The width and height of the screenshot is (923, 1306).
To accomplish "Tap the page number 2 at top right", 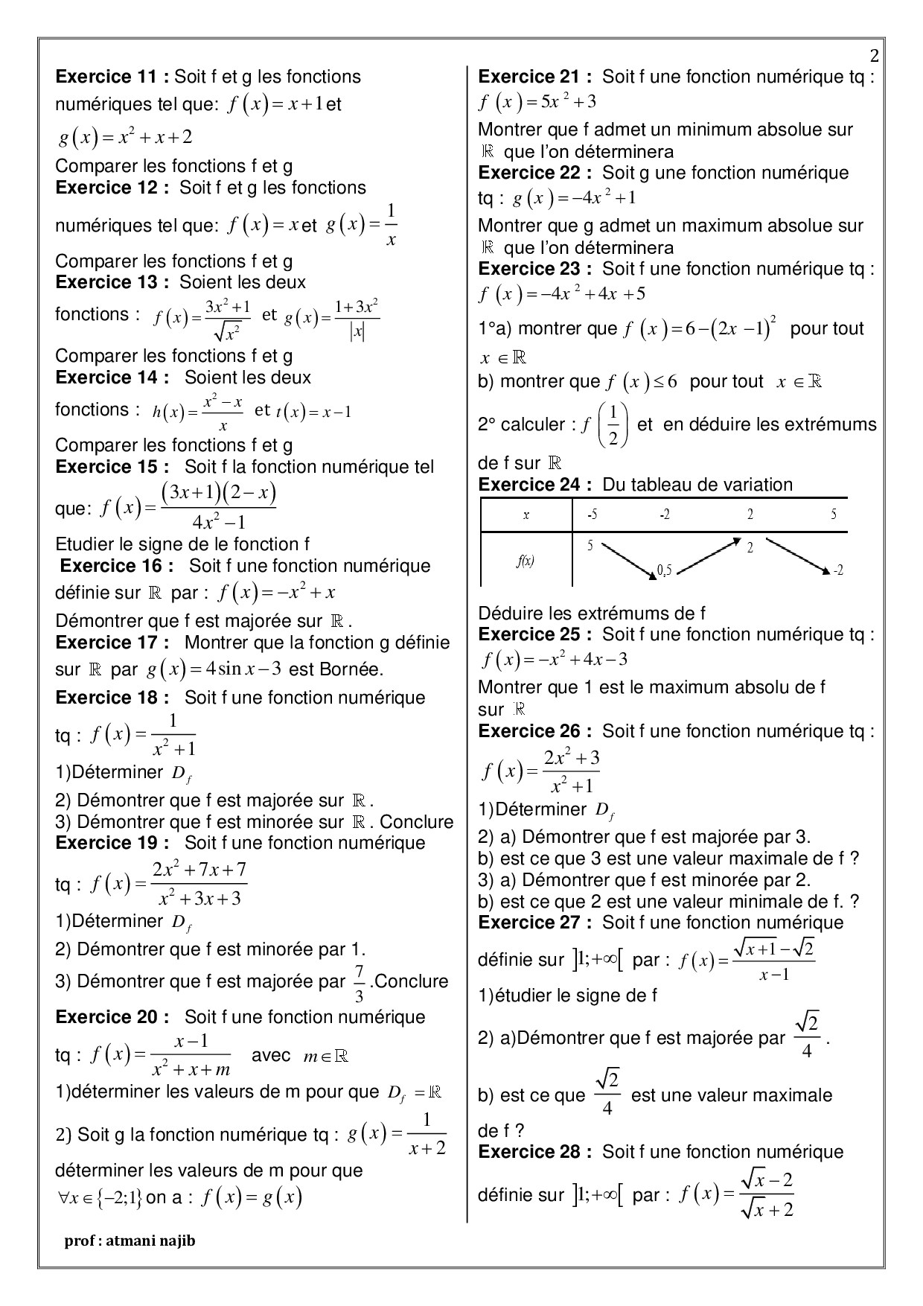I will pyautogui.click(x=874, y=57).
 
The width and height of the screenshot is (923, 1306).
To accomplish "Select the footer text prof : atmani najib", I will pyautogui.click(x=130, y=1240).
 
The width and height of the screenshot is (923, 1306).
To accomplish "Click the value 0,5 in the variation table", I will pyautogui.click(x=664, y=571).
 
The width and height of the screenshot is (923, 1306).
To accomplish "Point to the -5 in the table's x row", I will pyautogui.click(x=592, y=515).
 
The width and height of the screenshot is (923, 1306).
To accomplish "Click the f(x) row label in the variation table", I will pyautogui.click(x=526, y=561).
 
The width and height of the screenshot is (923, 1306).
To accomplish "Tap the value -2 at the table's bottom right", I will pyautogui.click(x=838, y=570).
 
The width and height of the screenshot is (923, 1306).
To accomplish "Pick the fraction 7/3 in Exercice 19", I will pyautogui.click(x=359, y=983).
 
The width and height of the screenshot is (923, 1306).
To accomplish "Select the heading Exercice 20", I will pyautogui.click(x=112, y=1017).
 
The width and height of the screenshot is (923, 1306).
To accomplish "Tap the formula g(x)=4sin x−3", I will pyautogui.click(x=214, y=669).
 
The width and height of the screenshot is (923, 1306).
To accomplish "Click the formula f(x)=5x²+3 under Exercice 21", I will pyautogui.click(x=537, y=101).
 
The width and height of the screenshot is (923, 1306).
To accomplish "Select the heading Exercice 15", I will pyautogui.click(x=112, y=467).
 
